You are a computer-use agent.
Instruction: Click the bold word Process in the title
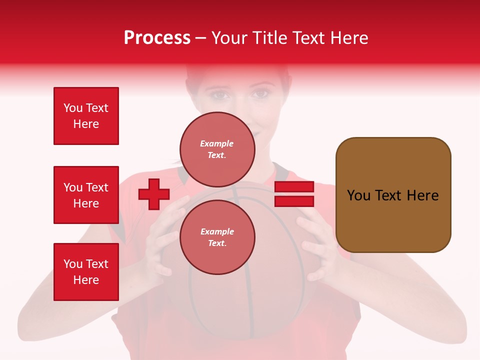tap(157, 38)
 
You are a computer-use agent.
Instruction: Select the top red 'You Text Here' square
tap(86, 116)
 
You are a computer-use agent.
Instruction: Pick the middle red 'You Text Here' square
tap(86, 195)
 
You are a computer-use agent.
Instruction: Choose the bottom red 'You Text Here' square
tap(86, 272)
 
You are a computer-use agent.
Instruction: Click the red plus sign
tap(154, 194)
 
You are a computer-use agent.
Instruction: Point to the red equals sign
tap(294, 194)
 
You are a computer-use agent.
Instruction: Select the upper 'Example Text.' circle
tap(217, 149)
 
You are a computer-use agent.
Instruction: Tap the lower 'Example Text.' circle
tap(217, 237)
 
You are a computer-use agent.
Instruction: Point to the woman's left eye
tap(260, 93)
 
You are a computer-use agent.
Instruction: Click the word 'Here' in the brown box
tap(422, 195)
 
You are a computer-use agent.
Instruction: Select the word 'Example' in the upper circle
tap(217, 143)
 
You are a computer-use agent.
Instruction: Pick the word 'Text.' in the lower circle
tap(217, 243)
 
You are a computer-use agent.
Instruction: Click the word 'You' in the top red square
tap(73, 108)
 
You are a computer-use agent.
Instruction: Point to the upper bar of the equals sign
tap(294, 187)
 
